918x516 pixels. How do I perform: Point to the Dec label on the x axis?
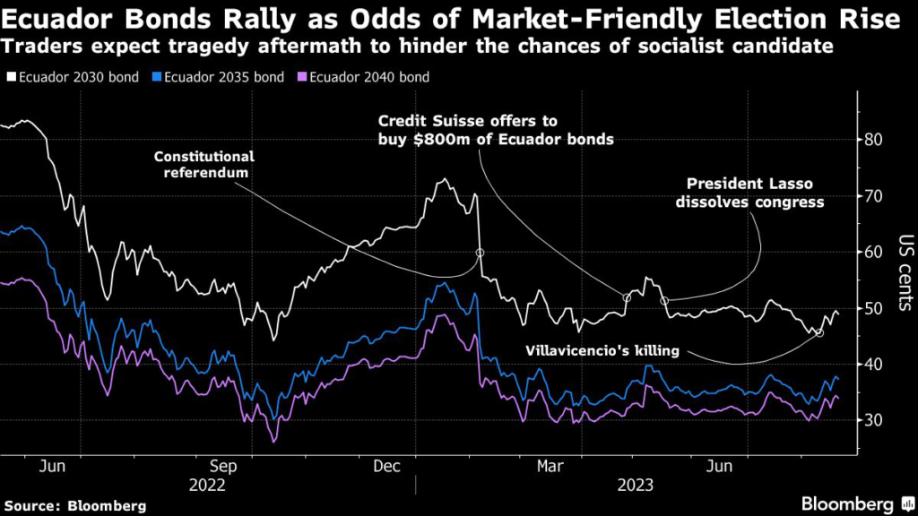386,466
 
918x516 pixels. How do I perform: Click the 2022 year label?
208,485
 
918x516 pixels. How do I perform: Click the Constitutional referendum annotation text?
204,164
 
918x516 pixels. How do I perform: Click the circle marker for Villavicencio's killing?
818,332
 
